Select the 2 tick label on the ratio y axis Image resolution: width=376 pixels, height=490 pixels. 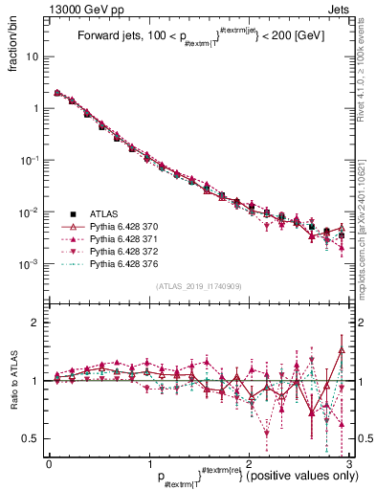pyautogui.click(x=36, y=323)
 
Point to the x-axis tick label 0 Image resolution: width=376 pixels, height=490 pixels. pyautogui.click(x=49, y=462)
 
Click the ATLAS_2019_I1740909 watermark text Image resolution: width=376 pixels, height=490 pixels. pyautogui.click(x=198, y=286)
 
